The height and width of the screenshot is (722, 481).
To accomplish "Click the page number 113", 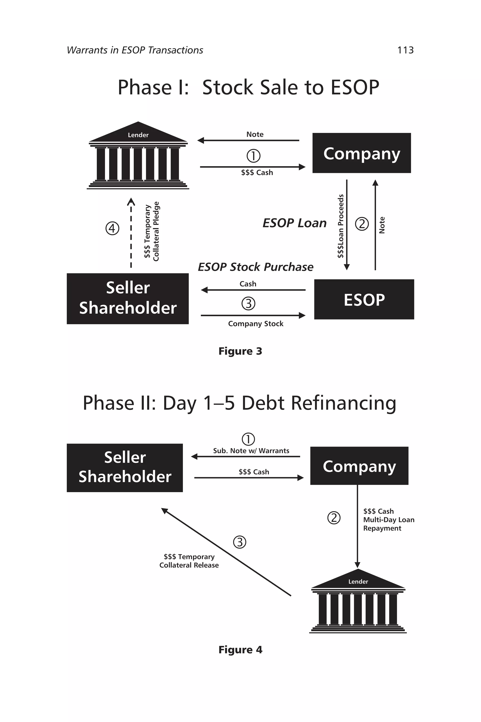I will [x=405, y=50].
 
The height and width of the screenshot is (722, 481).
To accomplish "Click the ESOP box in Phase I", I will [x=364, y=299].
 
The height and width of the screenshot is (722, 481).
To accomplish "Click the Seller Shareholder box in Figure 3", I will [x=128, y=298].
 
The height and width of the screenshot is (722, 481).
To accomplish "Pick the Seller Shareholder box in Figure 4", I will [x=124, y=467].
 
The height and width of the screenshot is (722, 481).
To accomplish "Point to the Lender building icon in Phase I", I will [x=138, y=157].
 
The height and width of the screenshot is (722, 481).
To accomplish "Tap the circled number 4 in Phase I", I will [x=112, y=228].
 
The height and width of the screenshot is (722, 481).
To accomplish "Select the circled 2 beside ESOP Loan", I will [x=362, y=224].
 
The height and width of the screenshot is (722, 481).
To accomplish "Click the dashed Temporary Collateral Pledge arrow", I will [x=131, y=233].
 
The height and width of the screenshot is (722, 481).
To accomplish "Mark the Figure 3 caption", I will [x=240, y=351].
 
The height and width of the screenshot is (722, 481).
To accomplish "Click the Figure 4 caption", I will [x=240, y=650].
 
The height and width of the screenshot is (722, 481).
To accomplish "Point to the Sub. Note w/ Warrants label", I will [x=251, y=451].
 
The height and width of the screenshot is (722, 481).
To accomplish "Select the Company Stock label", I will [x=256, y=324].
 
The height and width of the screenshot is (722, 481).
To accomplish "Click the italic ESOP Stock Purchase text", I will [x=256, y=267].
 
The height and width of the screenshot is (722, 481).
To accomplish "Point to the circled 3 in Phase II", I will [x=240, y=542].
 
